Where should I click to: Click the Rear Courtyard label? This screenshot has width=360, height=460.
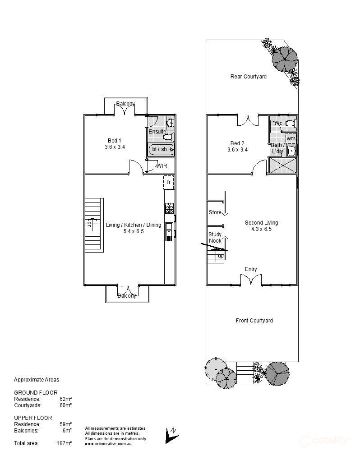248,77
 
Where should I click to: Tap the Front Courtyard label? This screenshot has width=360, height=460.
254,321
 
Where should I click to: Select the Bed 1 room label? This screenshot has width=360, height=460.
114,140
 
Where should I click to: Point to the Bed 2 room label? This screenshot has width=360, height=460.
237,143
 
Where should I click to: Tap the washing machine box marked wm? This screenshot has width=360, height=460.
291,138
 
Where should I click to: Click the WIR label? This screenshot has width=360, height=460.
162,166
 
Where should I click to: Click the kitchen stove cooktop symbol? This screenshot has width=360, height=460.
170,208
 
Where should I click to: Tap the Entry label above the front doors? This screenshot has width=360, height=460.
251,269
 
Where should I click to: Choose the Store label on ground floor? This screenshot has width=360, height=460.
215,212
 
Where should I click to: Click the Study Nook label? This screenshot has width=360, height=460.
215,238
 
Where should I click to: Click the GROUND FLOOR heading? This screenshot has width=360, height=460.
36,393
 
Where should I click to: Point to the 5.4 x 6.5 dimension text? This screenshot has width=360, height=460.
133,231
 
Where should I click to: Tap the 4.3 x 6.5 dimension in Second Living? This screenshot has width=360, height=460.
261,229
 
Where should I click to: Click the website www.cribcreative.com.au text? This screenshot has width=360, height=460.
108,444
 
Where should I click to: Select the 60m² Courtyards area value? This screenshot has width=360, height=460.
66,405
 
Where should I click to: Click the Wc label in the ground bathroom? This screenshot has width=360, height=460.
278,123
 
